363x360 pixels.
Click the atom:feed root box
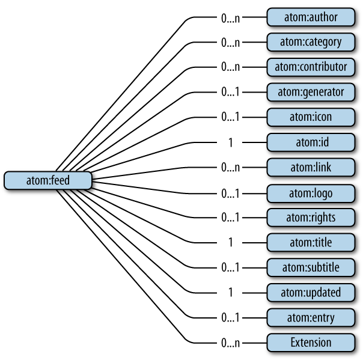(x=48, y=180)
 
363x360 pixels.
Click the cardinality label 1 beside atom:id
(x=230, y=142)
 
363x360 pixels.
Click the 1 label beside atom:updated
(x=230, y=293)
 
